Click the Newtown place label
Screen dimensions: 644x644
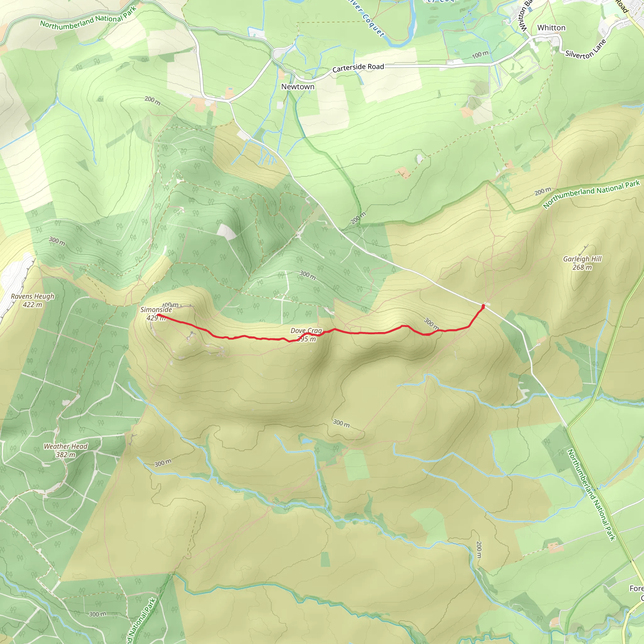298,87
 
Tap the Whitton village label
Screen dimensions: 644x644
551,28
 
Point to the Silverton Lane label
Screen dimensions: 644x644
585,50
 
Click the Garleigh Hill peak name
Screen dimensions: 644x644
582,259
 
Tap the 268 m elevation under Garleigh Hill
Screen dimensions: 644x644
582,267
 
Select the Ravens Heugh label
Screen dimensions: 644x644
32,296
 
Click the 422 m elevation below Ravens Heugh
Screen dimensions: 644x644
32,305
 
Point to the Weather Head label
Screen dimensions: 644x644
66,446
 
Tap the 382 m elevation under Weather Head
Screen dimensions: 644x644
66,455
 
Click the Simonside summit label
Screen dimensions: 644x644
156,310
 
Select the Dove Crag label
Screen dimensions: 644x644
306,331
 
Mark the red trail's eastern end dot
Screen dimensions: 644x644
483,306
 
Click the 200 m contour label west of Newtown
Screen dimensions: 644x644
152,101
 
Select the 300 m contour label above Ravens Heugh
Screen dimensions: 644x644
57,241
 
